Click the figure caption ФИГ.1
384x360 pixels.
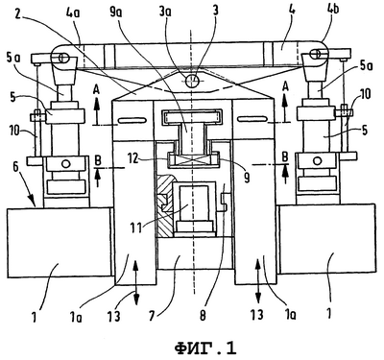click(x=205, y=348)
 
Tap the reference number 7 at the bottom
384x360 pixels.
click(x=152, y=315)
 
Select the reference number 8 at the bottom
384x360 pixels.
click(x=203, y=315)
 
